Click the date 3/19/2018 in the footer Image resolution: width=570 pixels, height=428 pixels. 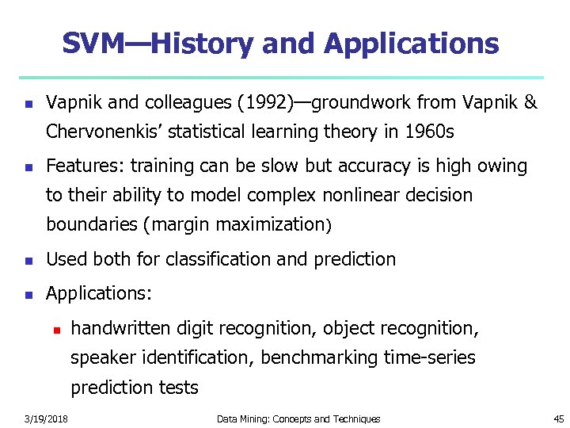click(x=46, y=418)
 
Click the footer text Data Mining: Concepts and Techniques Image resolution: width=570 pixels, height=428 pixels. click(x=298, y=418)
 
